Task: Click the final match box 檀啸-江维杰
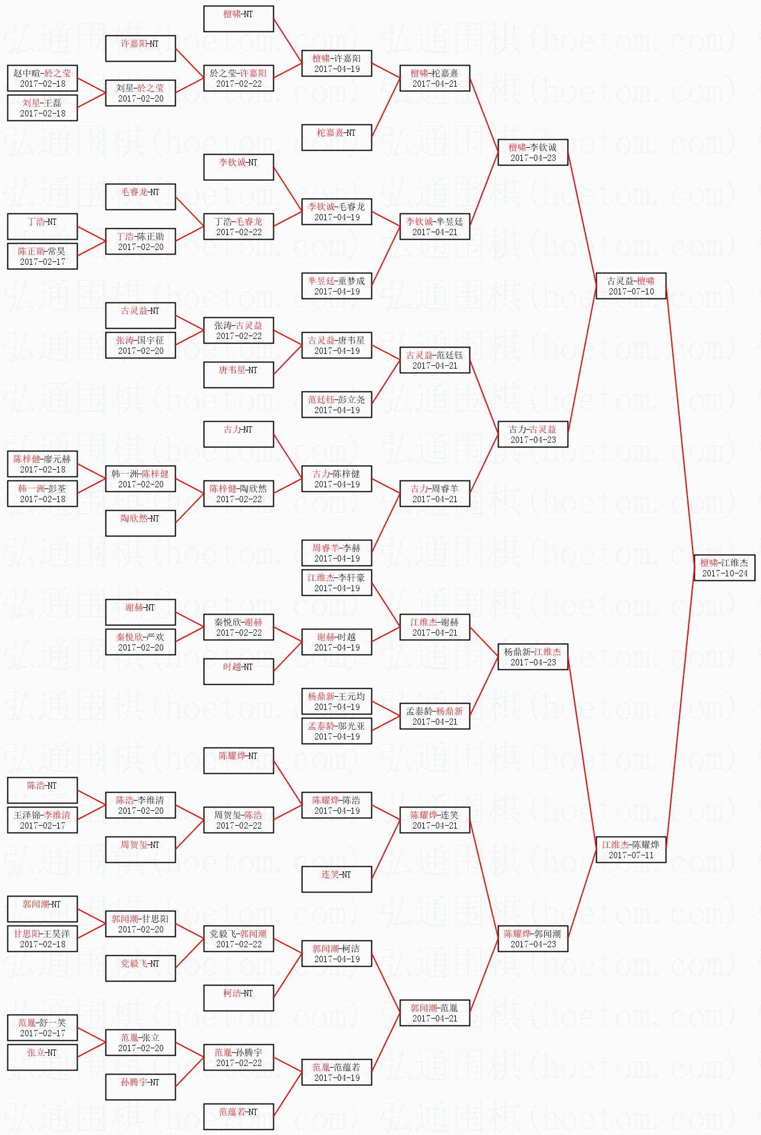[x=724, y=567]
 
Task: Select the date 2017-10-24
[x=724, y=573]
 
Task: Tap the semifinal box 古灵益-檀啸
[x=631, y=285]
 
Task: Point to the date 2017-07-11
[x=631, y=855]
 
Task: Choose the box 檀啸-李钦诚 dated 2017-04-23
[x=533, y=152]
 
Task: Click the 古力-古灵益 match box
[x=533, y=434]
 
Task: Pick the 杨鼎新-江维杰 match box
[x=533, y=656]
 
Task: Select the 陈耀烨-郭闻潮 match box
[x=533, y=938]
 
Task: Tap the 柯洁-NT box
[x=238, y=997]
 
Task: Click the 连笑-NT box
[x=337, y=879]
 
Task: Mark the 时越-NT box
[x=238, y=671]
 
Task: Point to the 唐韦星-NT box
[x=238, y=374]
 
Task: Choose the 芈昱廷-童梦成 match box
[x=337, y=285]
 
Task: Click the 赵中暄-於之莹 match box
[x=42, y=78]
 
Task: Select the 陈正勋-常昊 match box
[x=42, y=256]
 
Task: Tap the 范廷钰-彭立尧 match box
[x=337, y=404]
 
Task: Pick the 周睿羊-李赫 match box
[x=337, y=552]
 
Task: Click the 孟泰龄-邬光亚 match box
[x=337, y=730]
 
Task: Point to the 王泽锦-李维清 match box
[x=42, y=819]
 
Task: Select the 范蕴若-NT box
[x=238, y=1116]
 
